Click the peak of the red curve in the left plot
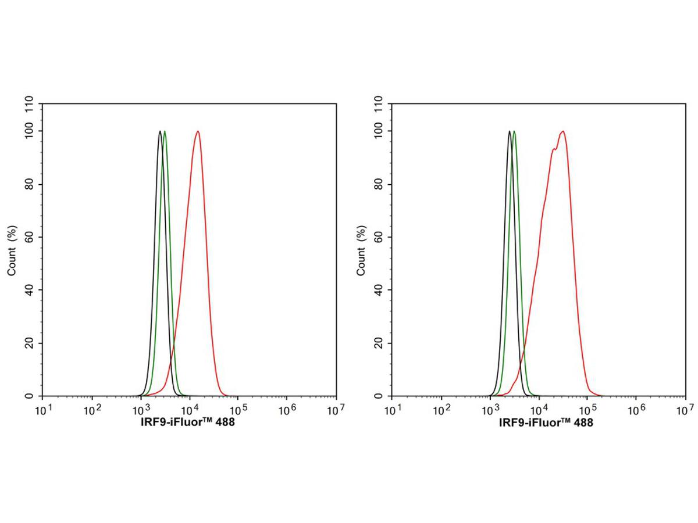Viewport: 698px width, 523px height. [x=198, y=131]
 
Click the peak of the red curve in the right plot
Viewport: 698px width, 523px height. [x=562, y=131]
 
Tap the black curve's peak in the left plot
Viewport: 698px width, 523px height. [x=160, y=131]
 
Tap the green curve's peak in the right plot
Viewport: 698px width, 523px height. [x=514, y=131]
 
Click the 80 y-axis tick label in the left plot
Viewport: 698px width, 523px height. [x=30, y=184]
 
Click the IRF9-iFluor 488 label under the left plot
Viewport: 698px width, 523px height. [x=187, y=423]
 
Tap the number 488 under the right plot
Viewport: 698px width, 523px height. [x=582, y=423]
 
